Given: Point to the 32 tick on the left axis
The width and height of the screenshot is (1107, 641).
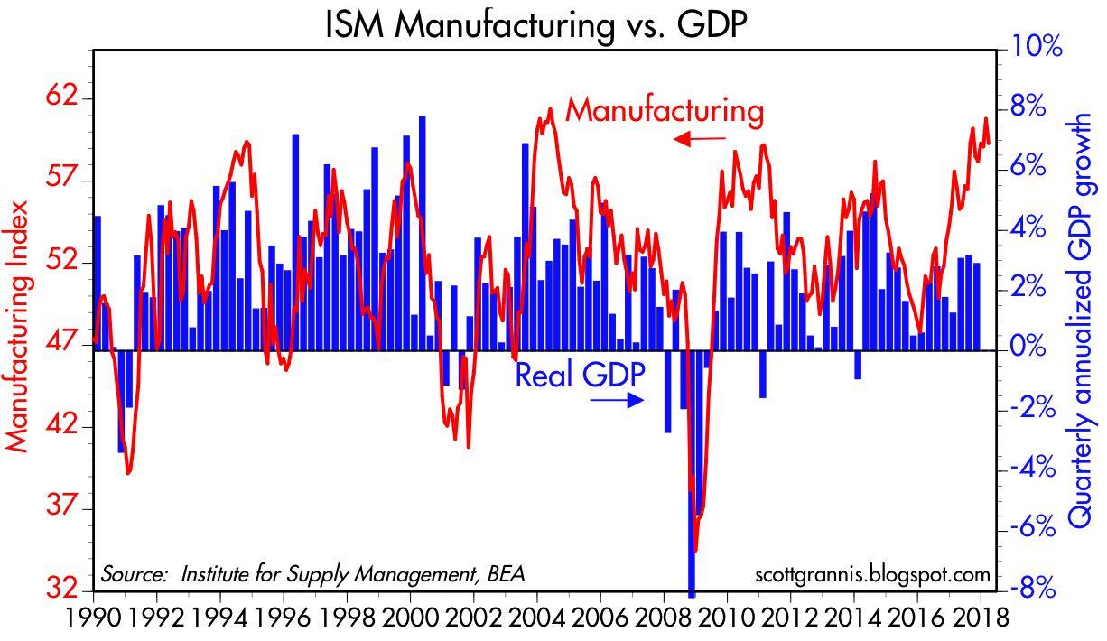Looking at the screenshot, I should point(65,590).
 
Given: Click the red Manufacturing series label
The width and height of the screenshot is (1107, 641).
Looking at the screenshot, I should point(665,111).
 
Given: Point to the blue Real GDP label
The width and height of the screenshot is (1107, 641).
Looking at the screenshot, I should point(580,375).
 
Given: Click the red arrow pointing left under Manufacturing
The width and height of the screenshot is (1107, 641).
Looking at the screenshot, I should point(699,138).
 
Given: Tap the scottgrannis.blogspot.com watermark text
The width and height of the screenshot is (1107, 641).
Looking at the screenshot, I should point(870,575).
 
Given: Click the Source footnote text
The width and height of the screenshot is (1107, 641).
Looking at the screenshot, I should point(312,575).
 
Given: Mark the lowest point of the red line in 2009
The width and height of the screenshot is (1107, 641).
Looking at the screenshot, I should point(695,550).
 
